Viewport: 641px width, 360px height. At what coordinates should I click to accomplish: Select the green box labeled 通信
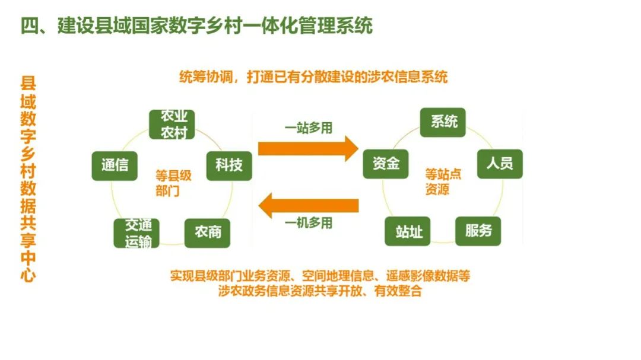pyautogui.click(x=115, y=165)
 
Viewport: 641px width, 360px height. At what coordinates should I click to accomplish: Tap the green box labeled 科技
pyautogui.click(x=229, y=165)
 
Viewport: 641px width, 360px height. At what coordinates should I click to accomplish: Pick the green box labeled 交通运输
pyautogui.click(x=137, y=233)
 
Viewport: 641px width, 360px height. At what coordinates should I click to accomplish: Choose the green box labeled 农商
pyautogui.click(x=208, y=232)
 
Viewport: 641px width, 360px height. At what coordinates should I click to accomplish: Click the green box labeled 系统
pyautogui.click(x=443, y=122)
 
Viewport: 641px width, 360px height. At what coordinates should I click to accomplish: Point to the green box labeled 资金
pyautogui.click(x=386, y=163)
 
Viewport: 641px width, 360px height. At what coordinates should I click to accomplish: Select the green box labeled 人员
pyautogui.click(x=500, y=163)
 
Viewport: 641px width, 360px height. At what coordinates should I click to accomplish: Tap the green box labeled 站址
pyautogui.click(x=408, y=231)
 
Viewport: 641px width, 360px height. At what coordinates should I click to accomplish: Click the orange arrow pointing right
pyautogui.click(x=308, y=148)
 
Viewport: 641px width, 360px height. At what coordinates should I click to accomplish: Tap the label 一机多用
pyautogui.click(x=308, y=224)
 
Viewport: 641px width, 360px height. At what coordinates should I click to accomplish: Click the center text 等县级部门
pyautogui.click(x=173, y=183)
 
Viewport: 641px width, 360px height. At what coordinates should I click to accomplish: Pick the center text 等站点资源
pyautogui.click(x=443, y=181)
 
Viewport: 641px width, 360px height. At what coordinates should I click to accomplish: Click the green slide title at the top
pyautogui.click(x=196, y=26)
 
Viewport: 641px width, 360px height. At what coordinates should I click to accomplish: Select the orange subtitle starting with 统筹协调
pyautogui.click(x=313, y=77)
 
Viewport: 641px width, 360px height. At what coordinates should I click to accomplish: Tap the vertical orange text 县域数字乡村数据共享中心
pyautogui.click(x=28, y=179)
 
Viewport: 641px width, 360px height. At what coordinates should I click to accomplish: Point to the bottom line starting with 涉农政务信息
pyautogui.click(x=320, y=291)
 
